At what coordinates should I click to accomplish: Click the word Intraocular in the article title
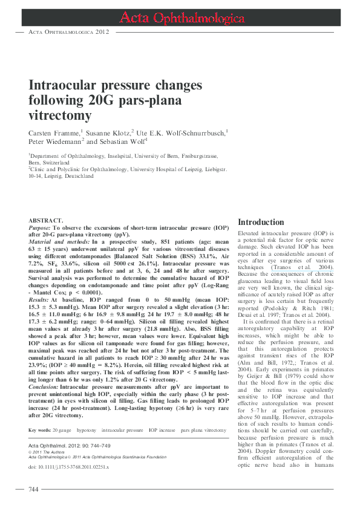[x=65, y=85]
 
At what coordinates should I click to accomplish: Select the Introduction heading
[x=261, y=222]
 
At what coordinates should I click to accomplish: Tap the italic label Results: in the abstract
[x=40, y=282]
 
